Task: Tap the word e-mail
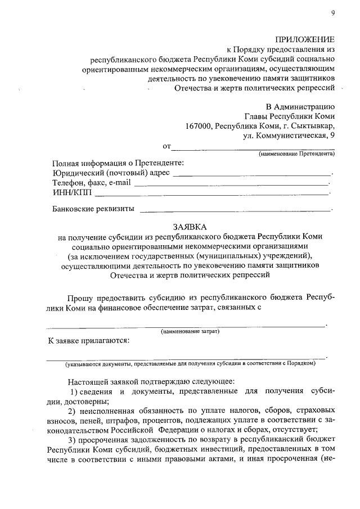coord(120,183)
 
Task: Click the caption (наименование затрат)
coord(190,331)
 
